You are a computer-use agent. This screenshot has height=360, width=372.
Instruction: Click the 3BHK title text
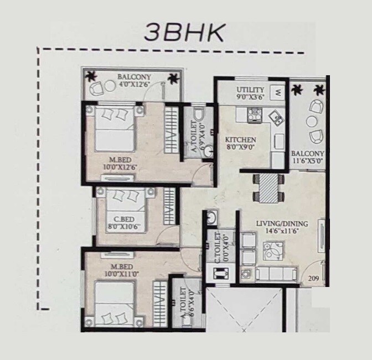tap(184, 33)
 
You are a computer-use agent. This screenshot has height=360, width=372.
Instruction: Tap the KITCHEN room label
tap(240, 139)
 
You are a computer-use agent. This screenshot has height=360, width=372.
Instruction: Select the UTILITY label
tap(250, 90)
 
